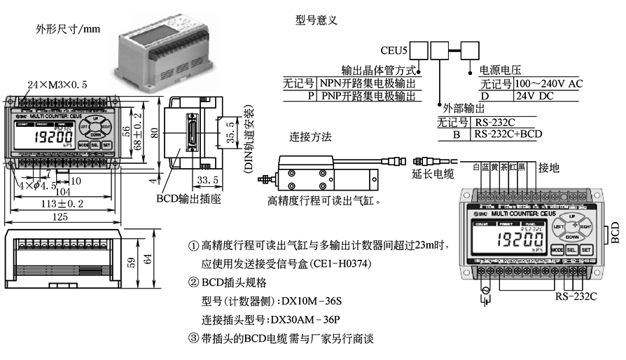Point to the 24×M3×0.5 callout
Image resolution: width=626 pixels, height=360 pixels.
coord(58,83)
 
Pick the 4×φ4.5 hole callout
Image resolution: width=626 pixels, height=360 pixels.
coord(32,186)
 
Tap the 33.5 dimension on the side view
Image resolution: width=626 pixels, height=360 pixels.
coord(187,181)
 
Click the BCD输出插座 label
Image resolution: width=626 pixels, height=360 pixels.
coord(184,199)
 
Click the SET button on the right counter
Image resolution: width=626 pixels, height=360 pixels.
coord(587,249)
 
